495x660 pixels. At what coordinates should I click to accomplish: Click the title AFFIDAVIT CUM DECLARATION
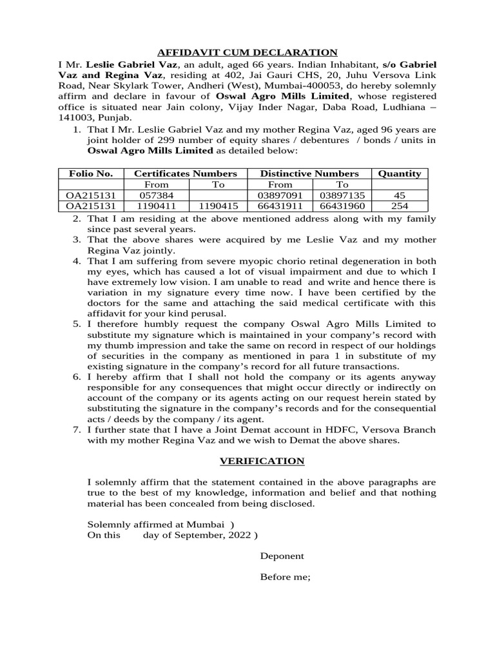pyautogui.click(x=247, y=53)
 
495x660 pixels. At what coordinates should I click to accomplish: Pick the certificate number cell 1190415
pyautogui.click(x=218, y=206)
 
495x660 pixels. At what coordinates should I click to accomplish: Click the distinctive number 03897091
pyautogui.click(x=280, y=195)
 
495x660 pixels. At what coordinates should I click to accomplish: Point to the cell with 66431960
pyautogui.click(x=342, y=206)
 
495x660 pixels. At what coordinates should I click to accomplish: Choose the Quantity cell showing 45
pyautogui.click(x=399, y=195)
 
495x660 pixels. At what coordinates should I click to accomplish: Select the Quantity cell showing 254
pyautogui.click(x=399, y=206)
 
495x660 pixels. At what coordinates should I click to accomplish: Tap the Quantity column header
pyautogui.click(x=399, y=173)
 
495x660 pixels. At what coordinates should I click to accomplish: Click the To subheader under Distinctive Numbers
pyautogui.click(x=342, y=184)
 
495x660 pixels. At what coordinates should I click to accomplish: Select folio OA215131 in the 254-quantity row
pyautogui.click(x=91, y=206)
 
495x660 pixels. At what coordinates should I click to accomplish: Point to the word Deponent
pyautogui.click(x=282, y=556)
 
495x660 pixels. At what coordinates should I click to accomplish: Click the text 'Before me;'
pyautogui.click(x=285, y=577)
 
